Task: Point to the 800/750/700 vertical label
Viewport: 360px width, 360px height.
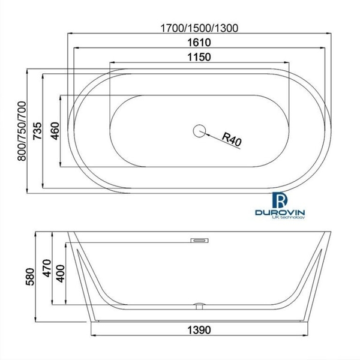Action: click(22, 131)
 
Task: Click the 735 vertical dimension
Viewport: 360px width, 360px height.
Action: click(38, 130)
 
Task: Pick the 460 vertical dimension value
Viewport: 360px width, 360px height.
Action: click(55, 130)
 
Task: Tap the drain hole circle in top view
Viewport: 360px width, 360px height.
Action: click(199, 129)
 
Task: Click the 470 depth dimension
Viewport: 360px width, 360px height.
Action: click(39, 265)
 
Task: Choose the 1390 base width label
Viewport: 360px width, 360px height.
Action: click(199, 330)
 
